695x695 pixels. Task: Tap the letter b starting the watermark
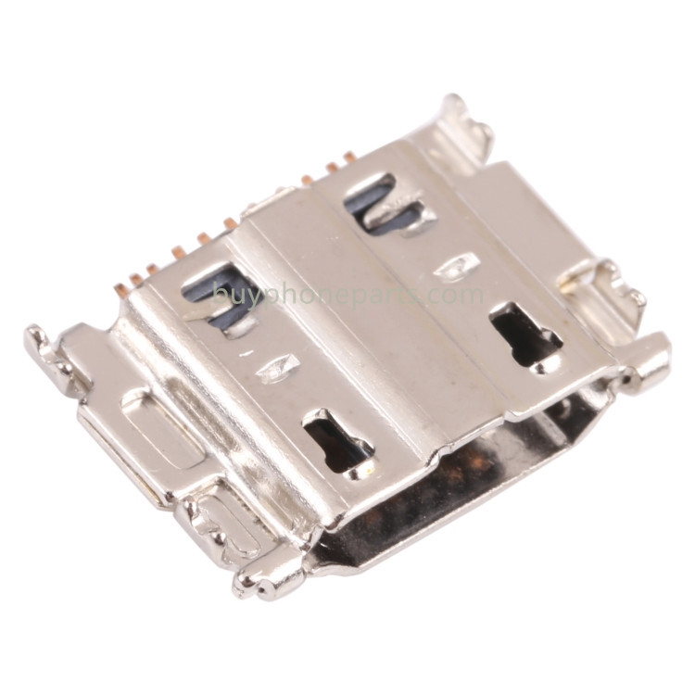tap(219, 293)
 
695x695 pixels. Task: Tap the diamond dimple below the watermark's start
tap(277, 368)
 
